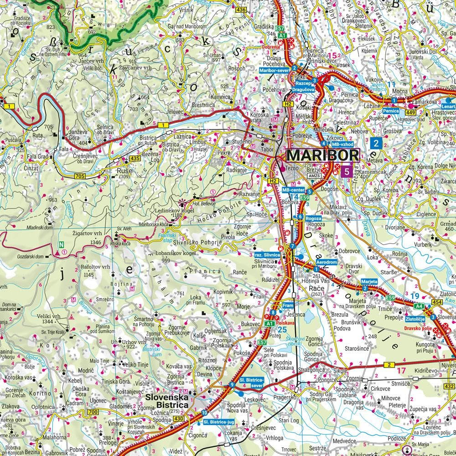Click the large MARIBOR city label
pos(322,155)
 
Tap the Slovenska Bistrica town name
pos(167,401)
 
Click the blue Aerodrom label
pos(327,264)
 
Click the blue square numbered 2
pos(376,144)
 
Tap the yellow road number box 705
pos(80,176)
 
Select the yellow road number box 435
pos(135,158)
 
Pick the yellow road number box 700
pos(93,413)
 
